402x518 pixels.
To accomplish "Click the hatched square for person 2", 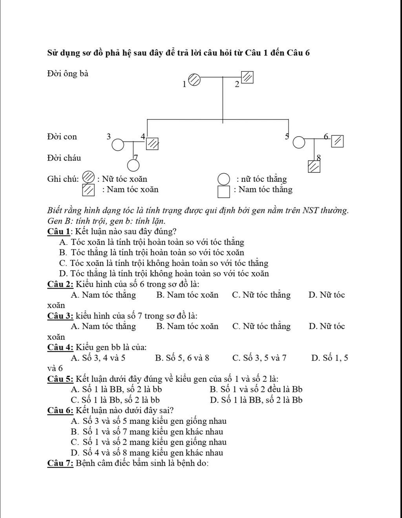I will (x=247, y=77).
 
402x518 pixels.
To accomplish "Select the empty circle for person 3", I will (x=118, y=145).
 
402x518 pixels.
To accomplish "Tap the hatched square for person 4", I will (x=153, y=144).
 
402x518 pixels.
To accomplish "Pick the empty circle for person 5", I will (x=299, y=143).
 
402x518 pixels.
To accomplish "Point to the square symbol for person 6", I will (x=337, y=141).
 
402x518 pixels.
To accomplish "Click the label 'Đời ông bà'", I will (x=68, y=74).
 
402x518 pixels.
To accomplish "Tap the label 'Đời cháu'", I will (x=64, y=158).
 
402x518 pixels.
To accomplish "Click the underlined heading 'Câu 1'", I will (x=58, y=231).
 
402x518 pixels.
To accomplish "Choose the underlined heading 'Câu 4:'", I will (x=60, y=347).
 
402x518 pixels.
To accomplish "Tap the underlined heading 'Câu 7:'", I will (x=60, y=463).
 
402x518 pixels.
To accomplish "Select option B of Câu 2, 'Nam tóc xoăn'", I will (x=187, y=295).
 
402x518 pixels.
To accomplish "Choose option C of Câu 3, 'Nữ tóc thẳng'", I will (x=261, y=326).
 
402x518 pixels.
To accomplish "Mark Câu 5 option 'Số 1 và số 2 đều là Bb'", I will (x=256, y=390).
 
